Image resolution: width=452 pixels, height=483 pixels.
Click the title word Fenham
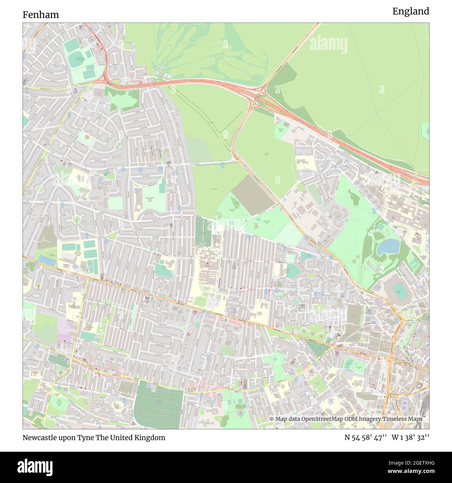(41, 15)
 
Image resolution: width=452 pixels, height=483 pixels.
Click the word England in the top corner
(411, 11)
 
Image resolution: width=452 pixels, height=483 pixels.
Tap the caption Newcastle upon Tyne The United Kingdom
(94, 437)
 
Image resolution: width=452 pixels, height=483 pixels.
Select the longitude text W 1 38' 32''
(410, 437)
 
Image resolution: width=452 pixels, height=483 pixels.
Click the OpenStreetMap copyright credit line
(346, 419)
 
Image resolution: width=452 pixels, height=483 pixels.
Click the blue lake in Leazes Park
(388, 246)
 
